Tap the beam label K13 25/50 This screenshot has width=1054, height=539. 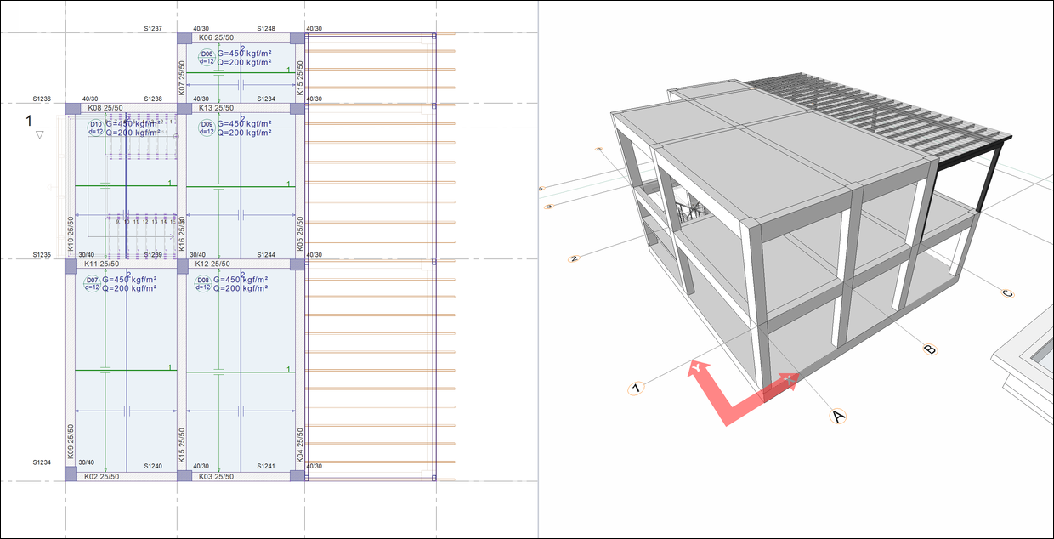217,108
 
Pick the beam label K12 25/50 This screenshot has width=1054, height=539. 213,264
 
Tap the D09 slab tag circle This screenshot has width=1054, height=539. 207,128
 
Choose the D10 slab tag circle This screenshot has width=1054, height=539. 96,128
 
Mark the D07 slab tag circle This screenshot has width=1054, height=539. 93,284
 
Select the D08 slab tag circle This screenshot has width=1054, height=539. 203,284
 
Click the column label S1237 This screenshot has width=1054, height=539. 153,29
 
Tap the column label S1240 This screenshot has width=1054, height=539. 153,466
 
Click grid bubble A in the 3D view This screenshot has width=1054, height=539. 838,416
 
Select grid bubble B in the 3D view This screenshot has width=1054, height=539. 930,349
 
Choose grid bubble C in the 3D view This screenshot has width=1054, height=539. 1008,294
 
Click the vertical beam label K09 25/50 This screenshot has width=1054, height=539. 71,441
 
